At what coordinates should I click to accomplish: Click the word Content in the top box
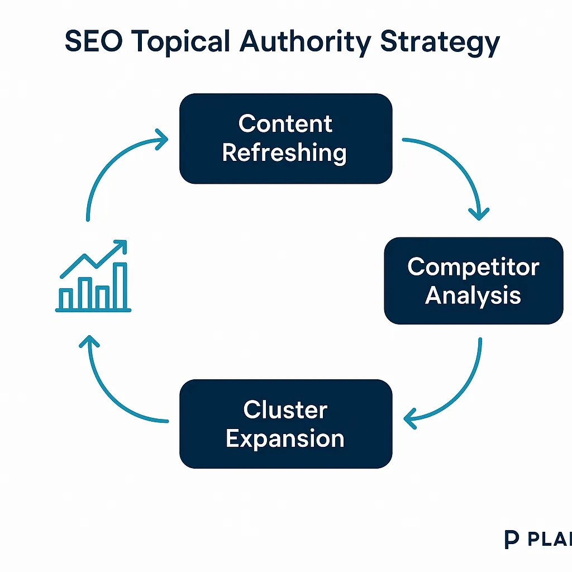click(285, 123)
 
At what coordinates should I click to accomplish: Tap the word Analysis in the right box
click(473, 295)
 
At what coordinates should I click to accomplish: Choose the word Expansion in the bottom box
click(285, 438)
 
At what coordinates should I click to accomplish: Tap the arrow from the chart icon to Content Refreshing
click(109, 168)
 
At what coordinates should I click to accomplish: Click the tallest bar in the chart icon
click(120, 286)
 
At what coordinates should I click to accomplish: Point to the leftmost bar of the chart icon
click(66, 299)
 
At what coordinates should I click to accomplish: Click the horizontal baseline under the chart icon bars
click(93, 310)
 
